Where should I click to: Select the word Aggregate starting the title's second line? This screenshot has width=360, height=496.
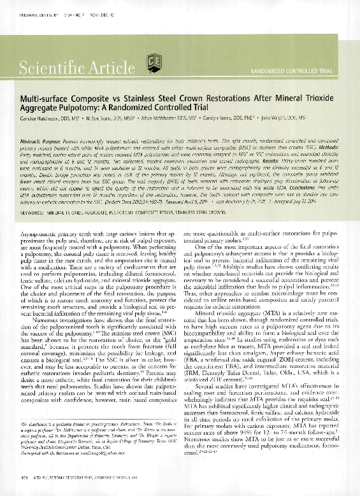(42, 111)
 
